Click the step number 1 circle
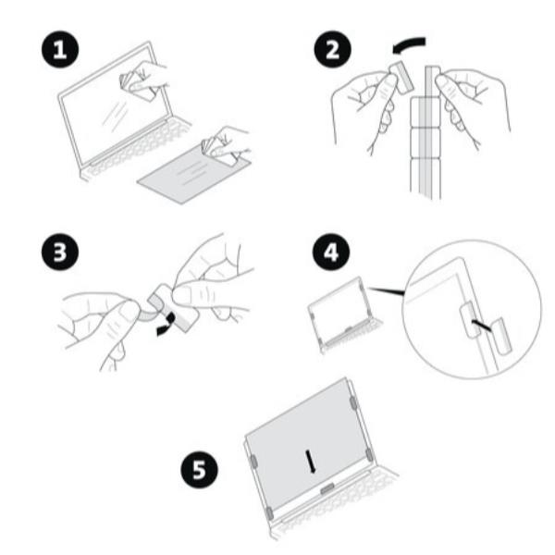(60, 49)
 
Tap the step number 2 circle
(332, 49)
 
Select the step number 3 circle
(60, 252)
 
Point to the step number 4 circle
(331, 253)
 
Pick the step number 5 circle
(199, 469)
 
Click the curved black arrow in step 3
(167, 325)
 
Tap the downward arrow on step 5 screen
(311, 461)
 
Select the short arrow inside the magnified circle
(481, 326)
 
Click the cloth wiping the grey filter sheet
(217, 151)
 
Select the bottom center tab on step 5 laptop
(327, 488)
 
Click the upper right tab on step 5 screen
(353, 402)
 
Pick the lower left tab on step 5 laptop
(269, 512)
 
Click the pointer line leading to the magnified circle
(386, 291)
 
